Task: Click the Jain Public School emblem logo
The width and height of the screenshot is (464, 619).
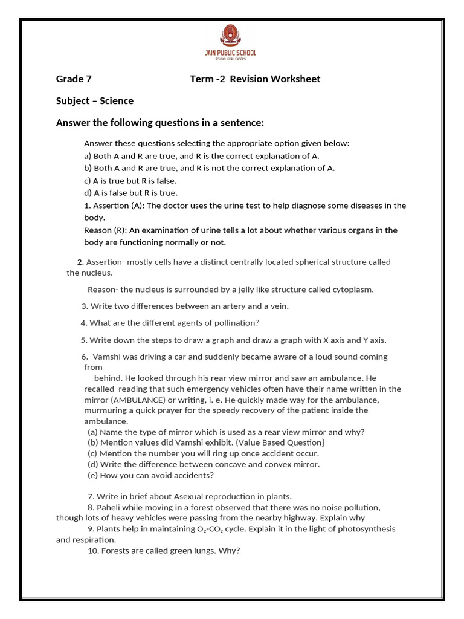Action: [232, 37]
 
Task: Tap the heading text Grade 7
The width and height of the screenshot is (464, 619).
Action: [74, 79]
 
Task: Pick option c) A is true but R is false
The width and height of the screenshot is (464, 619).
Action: [130, 181]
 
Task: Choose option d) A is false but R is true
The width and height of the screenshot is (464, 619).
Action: [130, 193]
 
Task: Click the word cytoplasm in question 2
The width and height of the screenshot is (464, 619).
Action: [353, 290]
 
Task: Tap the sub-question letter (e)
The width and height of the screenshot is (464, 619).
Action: [92, 475]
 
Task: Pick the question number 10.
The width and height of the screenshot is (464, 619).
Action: [93, 551]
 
